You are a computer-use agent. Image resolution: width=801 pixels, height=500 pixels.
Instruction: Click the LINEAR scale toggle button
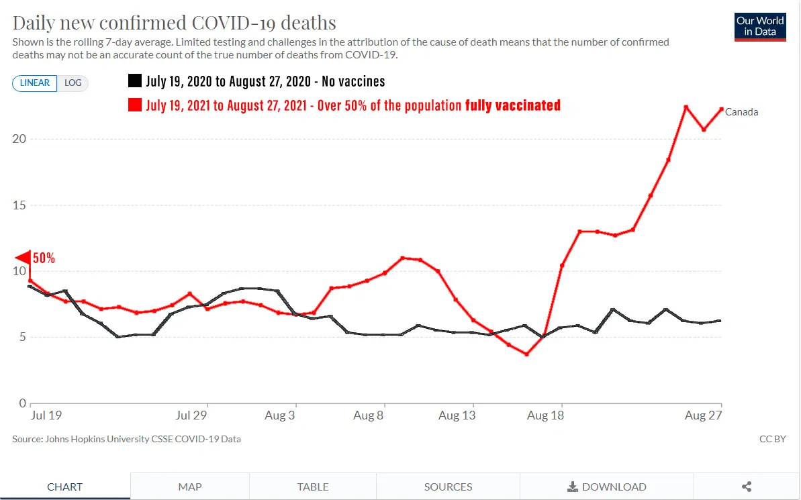coord(35,83)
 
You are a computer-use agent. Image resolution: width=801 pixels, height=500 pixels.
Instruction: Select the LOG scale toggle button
coord(73,83)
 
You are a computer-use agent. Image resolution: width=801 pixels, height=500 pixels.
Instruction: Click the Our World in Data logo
coord(760,26)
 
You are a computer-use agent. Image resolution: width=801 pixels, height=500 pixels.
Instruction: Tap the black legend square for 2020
coord(134,81)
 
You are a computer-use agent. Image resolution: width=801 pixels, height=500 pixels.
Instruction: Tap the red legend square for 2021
coord(134,105)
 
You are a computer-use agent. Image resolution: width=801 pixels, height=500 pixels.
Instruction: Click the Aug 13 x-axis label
coord(457,415)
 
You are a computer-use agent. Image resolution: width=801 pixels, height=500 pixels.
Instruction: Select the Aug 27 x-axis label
coord(703,415)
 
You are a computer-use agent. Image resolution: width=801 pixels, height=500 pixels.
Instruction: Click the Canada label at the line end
coord(742,112)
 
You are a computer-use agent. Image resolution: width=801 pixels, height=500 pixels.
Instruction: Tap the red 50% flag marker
coord(23,258)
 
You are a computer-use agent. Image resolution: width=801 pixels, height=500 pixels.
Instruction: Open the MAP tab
coord(190,487)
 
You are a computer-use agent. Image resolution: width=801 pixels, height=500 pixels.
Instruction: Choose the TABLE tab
coord(313,487)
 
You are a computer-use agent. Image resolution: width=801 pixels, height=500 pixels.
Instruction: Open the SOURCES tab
coord(448,487)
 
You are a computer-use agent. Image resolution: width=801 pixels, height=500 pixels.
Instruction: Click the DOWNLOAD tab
coord(607,487)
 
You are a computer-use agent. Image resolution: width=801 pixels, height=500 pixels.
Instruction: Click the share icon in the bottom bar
coord(747,487)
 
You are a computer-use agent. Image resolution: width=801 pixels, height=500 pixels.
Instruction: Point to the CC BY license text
coord(772,439)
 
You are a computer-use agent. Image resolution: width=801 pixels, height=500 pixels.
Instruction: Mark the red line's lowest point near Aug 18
coord(526,354)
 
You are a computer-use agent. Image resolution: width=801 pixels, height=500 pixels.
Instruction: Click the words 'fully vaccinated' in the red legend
coord(513,105)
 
